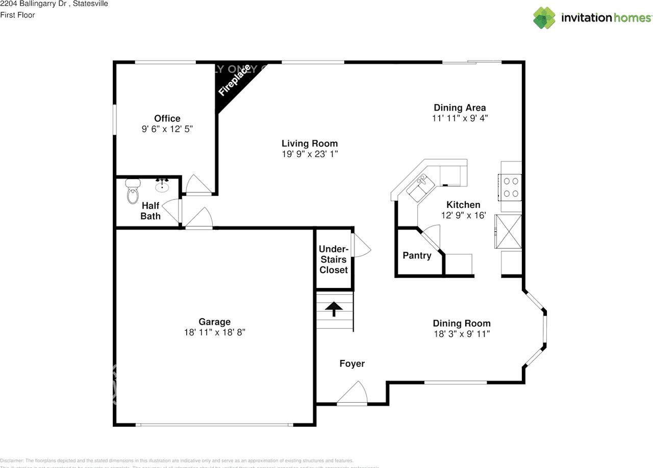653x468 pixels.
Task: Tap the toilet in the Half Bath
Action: coord(133,193)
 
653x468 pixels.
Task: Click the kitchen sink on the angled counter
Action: coord(420,187)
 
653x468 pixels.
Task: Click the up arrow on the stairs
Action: coord(334,308)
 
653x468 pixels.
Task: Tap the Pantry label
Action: coord(417,255)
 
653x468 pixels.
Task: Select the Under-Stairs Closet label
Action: coord(334,259)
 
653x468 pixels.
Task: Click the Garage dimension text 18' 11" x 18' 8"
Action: coord(215,332)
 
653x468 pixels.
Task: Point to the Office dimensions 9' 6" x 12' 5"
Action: coord(167,129)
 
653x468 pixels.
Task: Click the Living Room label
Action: coord(310,143)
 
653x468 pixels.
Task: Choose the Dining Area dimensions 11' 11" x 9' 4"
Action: coord(460,118)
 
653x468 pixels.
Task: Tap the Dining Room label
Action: coord(462,323)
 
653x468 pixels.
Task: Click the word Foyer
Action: coord(352,363)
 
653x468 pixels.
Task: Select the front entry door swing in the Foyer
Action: coord(354,394)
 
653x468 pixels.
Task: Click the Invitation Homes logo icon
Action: coord(544,18)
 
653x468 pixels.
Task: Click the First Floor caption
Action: coord(18,15)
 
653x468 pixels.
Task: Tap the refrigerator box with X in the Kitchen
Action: coord(508,231)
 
